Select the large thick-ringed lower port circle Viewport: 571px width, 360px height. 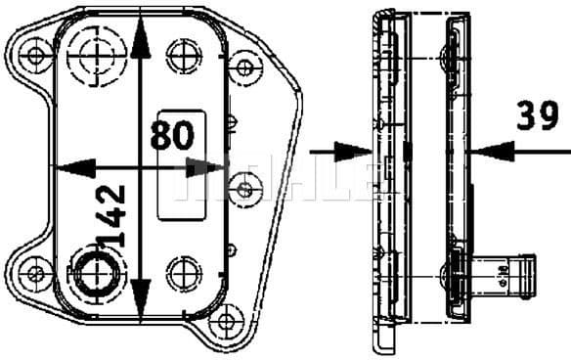click(x=95, y=272)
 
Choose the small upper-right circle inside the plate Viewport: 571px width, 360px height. click(x=184, y=53)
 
